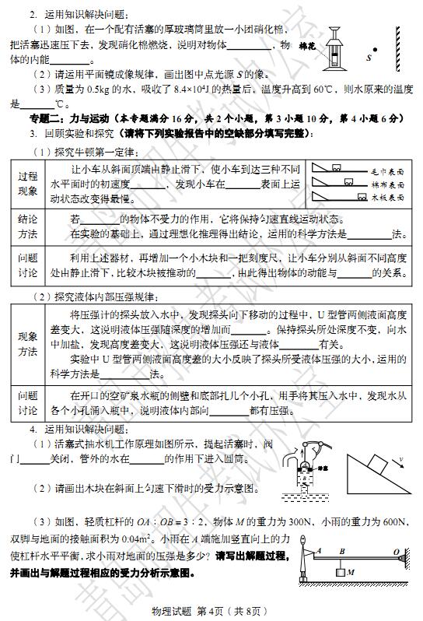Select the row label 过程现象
click(28, 184)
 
